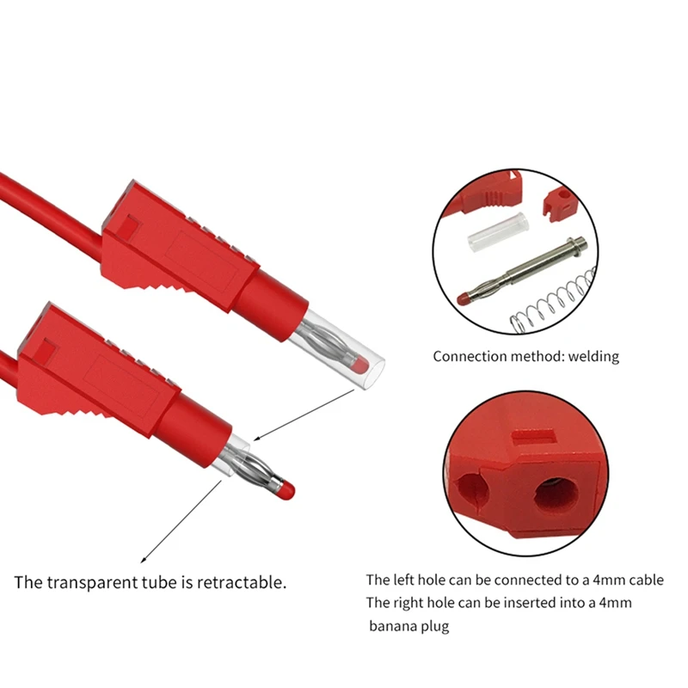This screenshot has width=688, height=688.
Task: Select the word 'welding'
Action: (591, 356)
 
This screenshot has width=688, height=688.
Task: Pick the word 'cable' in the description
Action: (644, 580)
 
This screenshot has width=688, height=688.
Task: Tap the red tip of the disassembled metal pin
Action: (465, 298)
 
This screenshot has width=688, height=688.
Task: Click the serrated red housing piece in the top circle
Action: (490, 193)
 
